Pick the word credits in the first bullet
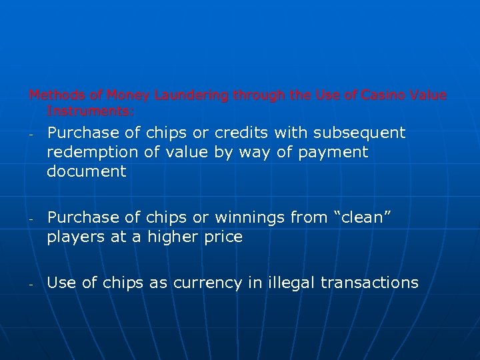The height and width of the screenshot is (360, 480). pos(240,133)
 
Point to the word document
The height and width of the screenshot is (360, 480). pos(86,171)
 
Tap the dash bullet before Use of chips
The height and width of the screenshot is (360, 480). pos(31,284)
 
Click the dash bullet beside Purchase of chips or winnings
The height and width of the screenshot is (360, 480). pos(31,219)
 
